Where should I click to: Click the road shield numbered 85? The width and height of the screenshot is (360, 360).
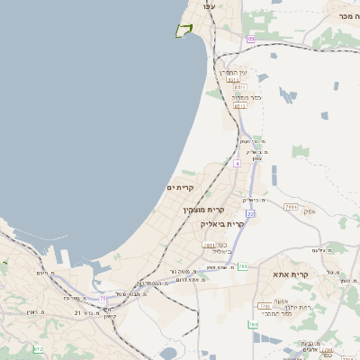[x=250, y=39]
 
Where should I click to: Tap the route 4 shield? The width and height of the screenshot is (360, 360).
[x=237, y=164]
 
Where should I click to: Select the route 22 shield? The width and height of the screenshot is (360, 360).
[x=250, y=213]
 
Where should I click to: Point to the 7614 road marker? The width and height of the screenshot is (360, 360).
[x=290, y=206]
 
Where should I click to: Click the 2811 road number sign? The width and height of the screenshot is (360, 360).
[x=209, y=245]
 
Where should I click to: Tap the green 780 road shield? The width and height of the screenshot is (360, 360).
[x=254, y=324]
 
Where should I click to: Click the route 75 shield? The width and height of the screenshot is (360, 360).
[x=103, y=298]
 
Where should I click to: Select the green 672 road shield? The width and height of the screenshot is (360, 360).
[x=38, y=349]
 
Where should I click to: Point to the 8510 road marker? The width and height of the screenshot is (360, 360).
[x=233, y=79]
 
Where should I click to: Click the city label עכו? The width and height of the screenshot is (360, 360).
[x=209, y=6]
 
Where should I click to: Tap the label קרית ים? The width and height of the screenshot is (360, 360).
[x=181, y=187]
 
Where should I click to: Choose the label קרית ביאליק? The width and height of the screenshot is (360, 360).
[x=222, y=223]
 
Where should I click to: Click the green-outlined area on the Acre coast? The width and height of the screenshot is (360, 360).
[x=184, y=30]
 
